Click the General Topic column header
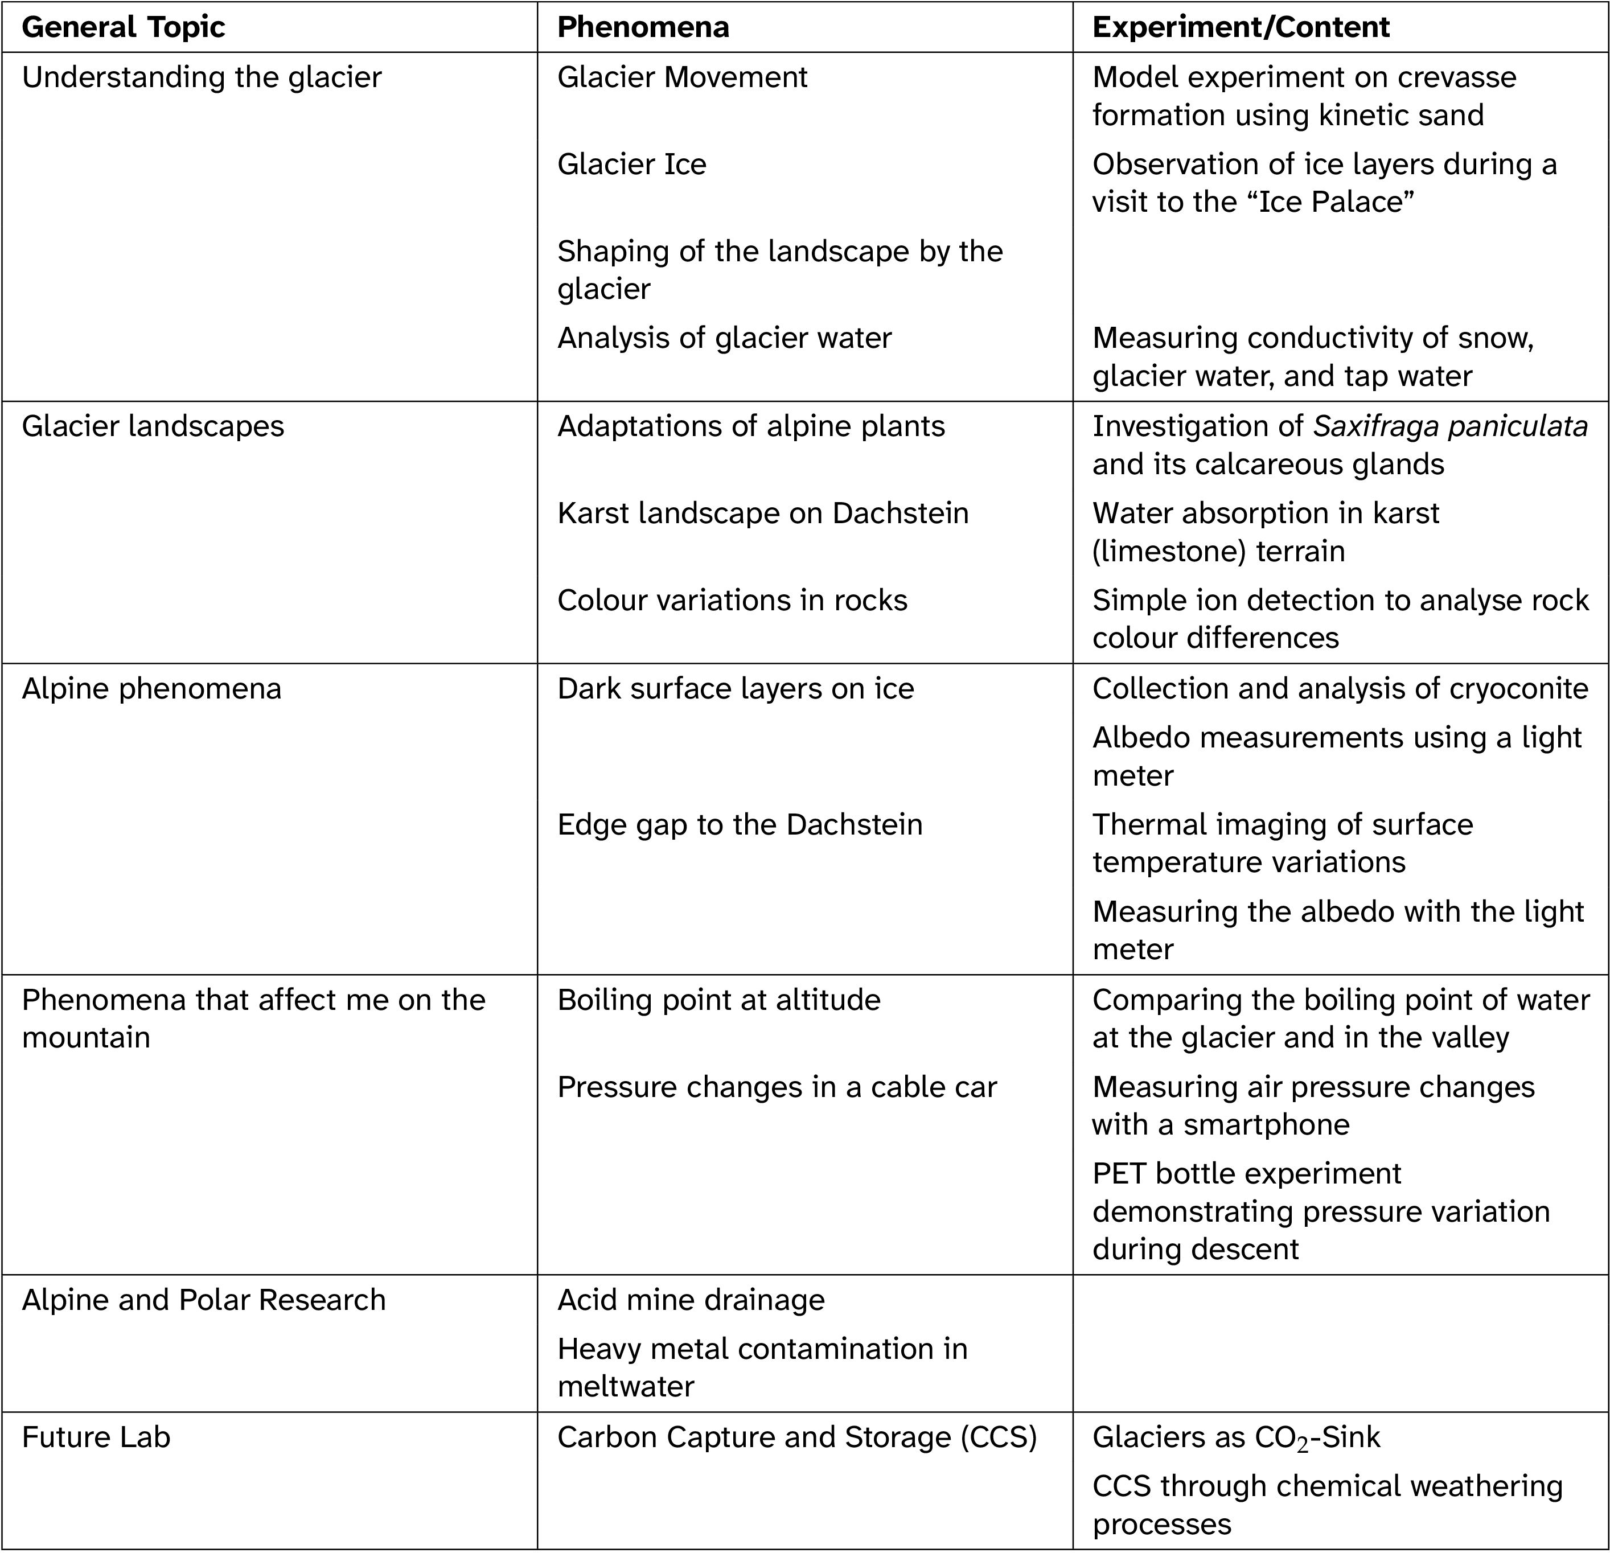(123, 27)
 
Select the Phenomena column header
(643, 27)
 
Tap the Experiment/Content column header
(1241, 27)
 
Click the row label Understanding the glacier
(202, 77)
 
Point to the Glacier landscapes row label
(153, 426)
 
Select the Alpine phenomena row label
(151, 688)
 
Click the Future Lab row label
(96, 1437)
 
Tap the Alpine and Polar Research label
(204, 1300)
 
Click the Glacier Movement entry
(682, 77)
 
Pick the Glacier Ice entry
(632, 165)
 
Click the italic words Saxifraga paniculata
(1450, 426)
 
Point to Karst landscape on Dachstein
(762, 513)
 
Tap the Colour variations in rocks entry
(732, 601)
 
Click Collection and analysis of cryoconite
(1340, 688)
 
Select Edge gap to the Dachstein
(740, 824)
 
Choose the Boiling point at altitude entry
(718, 1000)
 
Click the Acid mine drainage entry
(691, 1300)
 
